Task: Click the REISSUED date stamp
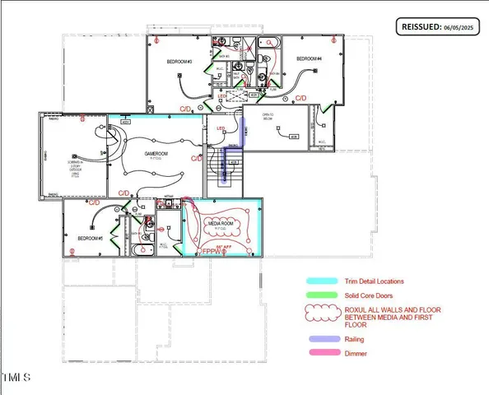(437, 26)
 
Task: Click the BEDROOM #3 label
(181, 62)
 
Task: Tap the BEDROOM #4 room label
(308, 58)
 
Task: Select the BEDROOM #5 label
(89, 239)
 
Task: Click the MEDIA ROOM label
(221, 223)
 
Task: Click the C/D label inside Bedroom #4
(301, 98)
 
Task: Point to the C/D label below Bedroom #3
(188, 108)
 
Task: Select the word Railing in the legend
(355, 338)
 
